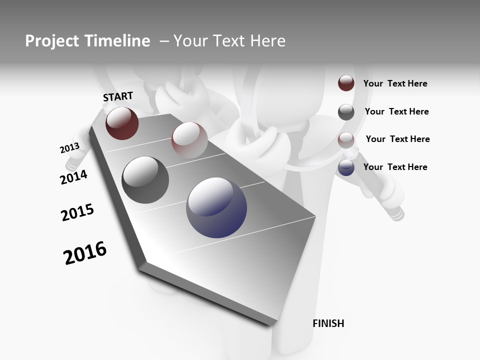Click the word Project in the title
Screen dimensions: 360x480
point(49,41)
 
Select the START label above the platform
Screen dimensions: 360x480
point(118,96)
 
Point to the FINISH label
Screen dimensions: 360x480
point(328,323)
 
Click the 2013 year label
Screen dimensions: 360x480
point(69,148)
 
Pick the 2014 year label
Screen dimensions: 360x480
point(73,177)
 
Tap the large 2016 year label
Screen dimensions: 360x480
point(85,253)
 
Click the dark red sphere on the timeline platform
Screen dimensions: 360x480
point(122,123)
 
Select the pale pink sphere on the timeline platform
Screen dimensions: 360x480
point(189,140)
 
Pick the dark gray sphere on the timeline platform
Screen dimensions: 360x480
point(145,180)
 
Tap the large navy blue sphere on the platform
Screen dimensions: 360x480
point(216,207)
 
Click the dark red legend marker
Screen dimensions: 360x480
point(346,83)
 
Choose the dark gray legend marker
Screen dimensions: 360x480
point(346,112)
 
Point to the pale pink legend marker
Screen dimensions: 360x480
point(346,139)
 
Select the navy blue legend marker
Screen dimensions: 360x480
point(346,167)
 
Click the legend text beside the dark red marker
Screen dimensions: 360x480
point(395,84)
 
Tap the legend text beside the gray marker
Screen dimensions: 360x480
point(397,112)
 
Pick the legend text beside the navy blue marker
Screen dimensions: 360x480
point(395,167)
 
